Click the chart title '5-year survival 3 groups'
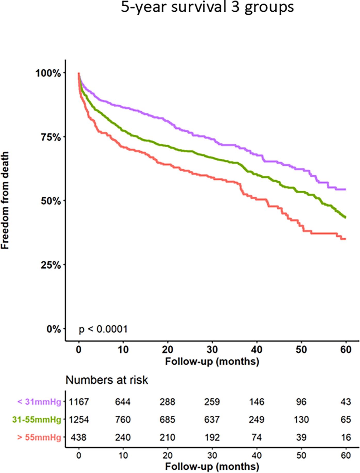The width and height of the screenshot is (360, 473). pyautogui.click(x=207, y=7)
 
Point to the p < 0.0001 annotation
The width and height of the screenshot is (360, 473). pyautogui.click(x=103, y=329)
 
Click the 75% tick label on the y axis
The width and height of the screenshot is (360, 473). pyautogui.click(x=51, y=137)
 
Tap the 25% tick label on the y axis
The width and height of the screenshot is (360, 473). pyautogui.click(x=51, y=265)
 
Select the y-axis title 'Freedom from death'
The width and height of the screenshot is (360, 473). pyautogui.click(x=5, y=200)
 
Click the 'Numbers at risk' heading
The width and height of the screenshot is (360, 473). pyautogui.click(x=107, y=380)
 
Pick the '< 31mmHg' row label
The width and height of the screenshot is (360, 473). pyautogui.click(x=39, y=402)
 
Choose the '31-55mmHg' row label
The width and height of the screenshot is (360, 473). pyautogui.click(x=37, y=420)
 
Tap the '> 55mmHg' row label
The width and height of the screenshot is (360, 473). pyautogui.click(x=39, y=437)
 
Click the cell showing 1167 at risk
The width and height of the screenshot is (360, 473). pyautogui.click(x=79, y=402)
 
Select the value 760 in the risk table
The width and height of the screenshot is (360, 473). pyautogui.click(x=123, y=420)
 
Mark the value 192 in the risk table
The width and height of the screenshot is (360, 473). pyautogui.click(x=212, y=437)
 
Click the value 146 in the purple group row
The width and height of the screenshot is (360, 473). pyautogui.click(x=257, y=402)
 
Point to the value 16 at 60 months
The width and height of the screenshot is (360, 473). pyautogui.click(x=346, y=437)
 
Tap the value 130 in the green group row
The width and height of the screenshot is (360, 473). pyautogui.click(x=301, y=420)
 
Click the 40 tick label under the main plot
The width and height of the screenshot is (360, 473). pyautogui.click(x=257, y=350)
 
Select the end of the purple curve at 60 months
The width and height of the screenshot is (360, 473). pyautogui.click(x=345, y=189)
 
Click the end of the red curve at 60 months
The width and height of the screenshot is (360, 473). pyautogui.click(x=345, y=239)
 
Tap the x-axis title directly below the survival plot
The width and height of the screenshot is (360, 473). pyautogui.click(x=212, y=361)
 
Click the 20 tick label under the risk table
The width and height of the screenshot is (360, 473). pyautogui.click(x=167, y=455)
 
